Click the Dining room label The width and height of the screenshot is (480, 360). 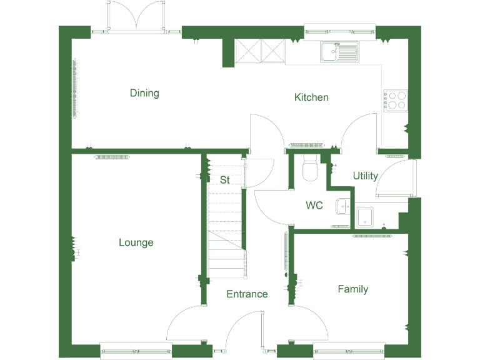(144, 93)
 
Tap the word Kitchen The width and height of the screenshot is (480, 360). (311, 97)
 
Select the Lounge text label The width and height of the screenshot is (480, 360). (136, 242)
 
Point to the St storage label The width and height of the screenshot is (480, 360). (224, 179)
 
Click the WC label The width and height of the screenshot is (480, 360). (314, 205)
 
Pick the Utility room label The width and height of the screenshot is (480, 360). (365, 176)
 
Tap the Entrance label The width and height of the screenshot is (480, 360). (247, 294)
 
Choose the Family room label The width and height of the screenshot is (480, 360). (352, 289)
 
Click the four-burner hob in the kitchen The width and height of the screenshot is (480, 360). (394, 101)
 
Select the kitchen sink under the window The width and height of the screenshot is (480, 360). (339, 52)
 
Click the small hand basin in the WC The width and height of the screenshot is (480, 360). (342, 206)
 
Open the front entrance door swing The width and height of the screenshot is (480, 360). (245, 327)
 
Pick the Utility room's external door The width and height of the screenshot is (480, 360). (397, 177)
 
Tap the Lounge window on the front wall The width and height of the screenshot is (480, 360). (136, 351)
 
